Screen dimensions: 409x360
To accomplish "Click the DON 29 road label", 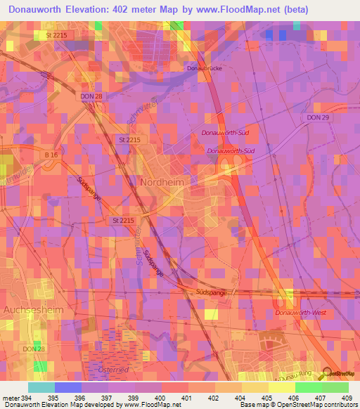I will pyautogui.click(x=318, y=117).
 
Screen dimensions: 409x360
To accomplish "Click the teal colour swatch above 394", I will pyautogui.click(x=41, y=387).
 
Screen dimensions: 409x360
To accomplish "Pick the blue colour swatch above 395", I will pyautogui.click(x=67, y=387).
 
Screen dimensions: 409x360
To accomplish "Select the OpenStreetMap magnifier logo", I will pyautogui.click(x=328, y=373).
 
